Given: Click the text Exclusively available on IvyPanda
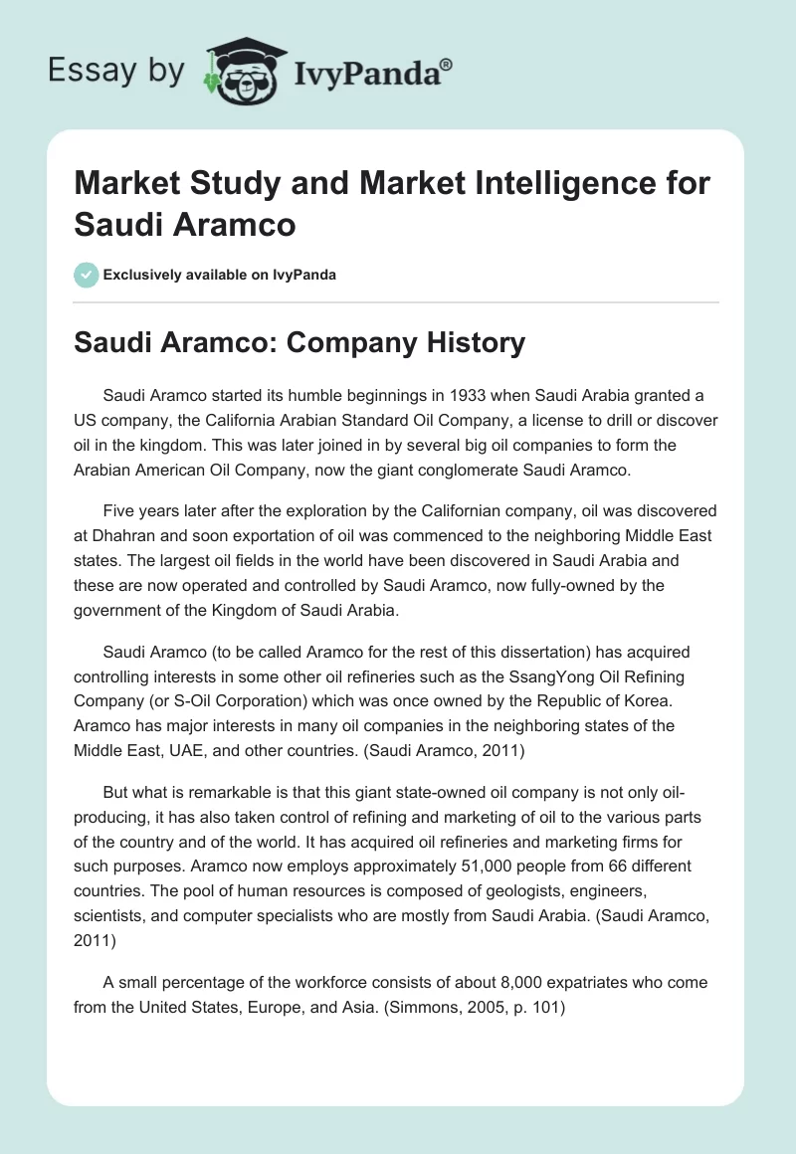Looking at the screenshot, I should click(x=219, y=275).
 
